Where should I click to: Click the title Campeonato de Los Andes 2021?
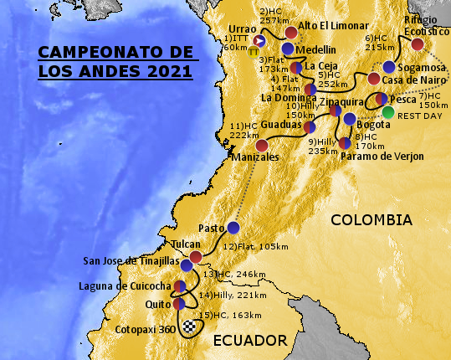115,63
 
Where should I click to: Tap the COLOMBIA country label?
371,220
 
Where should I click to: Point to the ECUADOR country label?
250,339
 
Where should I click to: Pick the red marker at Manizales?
262,145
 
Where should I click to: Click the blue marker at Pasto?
233,228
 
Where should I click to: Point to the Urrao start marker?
259,40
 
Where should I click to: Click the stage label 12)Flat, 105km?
255,247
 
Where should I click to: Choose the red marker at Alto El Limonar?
291,33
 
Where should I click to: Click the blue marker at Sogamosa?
389,67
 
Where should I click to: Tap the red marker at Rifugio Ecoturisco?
418,45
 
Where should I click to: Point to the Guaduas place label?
280,123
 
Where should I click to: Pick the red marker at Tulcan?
195,257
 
